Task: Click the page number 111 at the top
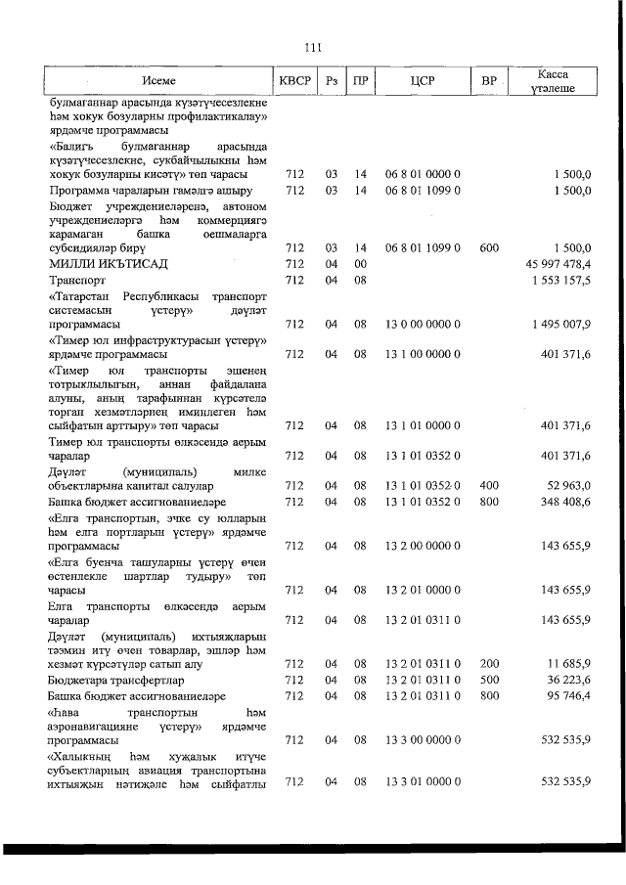[313, 46]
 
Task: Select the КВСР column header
[294, 81]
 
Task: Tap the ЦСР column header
[423, 81]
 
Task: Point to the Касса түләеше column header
[553, 81]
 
